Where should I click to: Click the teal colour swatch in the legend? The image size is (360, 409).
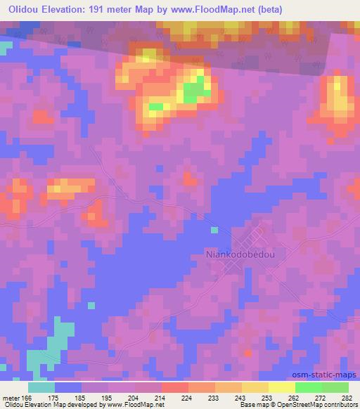41,387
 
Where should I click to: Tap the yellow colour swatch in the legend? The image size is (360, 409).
281,387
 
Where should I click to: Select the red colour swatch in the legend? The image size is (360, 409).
174,387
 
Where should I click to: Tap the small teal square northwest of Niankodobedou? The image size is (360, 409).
214,230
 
